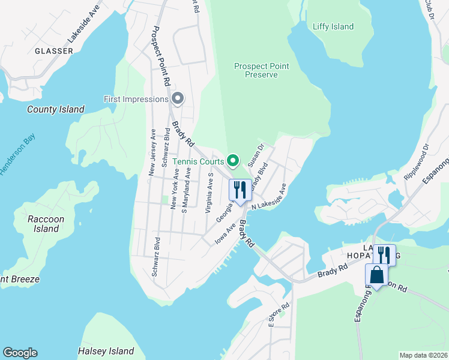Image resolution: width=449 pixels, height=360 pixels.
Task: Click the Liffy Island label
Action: coord(333,26)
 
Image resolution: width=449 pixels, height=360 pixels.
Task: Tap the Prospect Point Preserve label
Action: coord(261,70)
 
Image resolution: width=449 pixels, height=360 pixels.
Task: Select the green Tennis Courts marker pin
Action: coord(234,160)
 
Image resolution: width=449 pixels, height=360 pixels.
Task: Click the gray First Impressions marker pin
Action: coord(177,98)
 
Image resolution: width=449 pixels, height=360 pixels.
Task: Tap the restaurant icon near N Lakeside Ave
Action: coord(240,190)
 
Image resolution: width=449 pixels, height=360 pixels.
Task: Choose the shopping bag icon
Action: coord(376,276)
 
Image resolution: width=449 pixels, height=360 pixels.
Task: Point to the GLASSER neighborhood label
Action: coord(54,51)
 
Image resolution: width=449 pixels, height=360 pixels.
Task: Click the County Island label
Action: coord(56,109)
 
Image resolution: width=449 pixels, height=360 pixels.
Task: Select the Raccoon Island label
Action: coord(46,224)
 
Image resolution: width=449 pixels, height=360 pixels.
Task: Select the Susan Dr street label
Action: coord(256,155)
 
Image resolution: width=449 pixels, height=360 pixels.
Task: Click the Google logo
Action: coord(20,353)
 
